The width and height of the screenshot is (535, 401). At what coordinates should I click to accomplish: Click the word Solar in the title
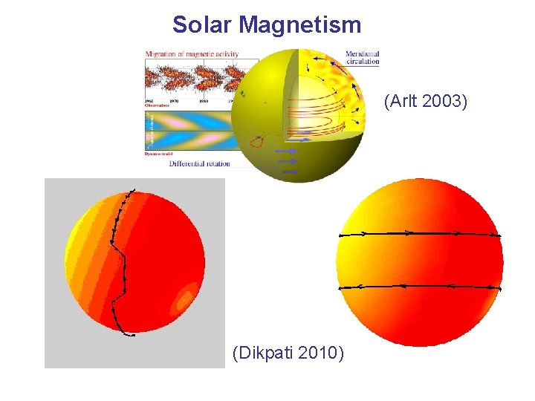pyautogui.click(x=202, y=25)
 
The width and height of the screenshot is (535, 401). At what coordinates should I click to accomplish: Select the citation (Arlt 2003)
pyautogui.click(x=425, y=101)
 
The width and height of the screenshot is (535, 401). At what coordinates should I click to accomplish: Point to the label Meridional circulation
pyautogui.click(x=363, y=57)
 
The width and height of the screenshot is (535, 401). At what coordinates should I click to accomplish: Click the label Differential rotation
pyautogui.click(x=199, y=163)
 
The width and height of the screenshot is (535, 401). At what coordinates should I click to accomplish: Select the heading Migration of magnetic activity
pyautogui.click(x=201, y=53)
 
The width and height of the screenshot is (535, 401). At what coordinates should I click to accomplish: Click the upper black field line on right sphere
pyautogui.click(x=420, y=233)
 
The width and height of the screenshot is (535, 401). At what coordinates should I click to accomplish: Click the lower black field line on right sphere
pyautogui.click(x=420, y=286)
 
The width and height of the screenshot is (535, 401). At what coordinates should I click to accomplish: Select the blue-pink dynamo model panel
pyautogui.click(x=189, y=131)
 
